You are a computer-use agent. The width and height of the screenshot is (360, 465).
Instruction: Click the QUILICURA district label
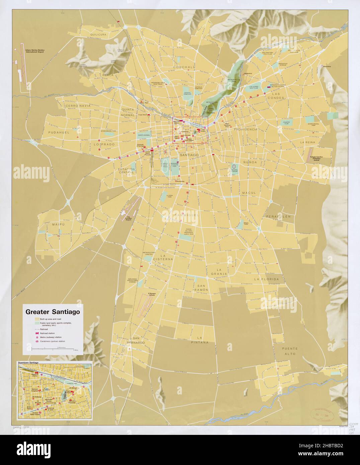(x=98, y=34)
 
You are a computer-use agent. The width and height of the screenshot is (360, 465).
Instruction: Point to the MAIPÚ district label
(x=58, y=224)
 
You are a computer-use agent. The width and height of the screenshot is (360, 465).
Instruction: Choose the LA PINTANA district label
(x=203, y=340)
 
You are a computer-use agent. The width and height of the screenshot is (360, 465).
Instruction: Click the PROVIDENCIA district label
(x=246, y=129)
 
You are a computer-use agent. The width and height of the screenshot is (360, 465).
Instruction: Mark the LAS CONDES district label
(x=275, y=96)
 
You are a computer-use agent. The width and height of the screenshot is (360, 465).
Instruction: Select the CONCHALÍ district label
(x=184, y=67)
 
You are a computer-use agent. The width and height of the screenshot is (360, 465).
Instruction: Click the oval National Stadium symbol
(x=235, y=166)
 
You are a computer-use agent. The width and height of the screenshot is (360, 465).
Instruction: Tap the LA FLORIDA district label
(x=266, y=279)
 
